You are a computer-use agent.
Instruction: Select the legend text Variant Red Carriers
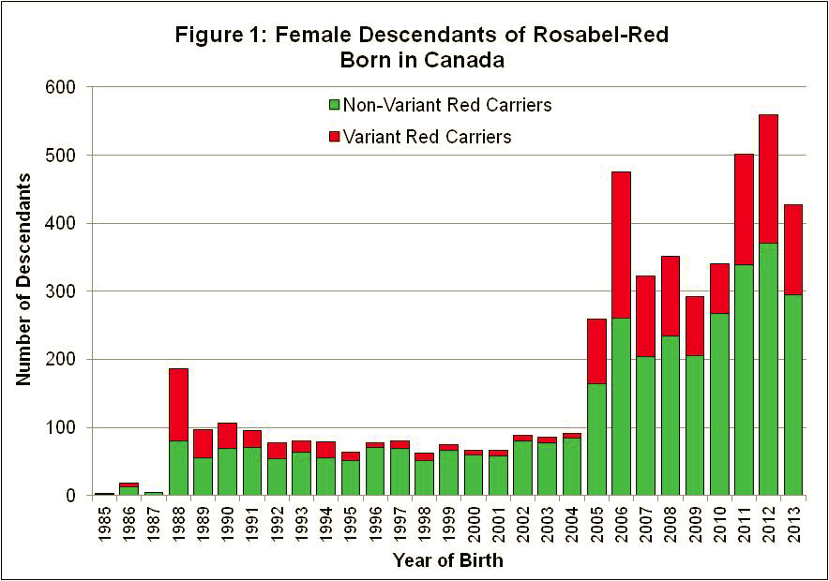(x=427, y=137)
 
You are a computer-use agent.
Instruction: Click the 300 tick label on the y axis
(x=70, y=291)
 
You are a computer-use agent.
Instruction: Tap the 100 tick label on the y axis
(x=70, y=428)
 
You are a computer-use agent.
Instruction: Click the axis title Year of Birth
(x=449, y=560)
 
